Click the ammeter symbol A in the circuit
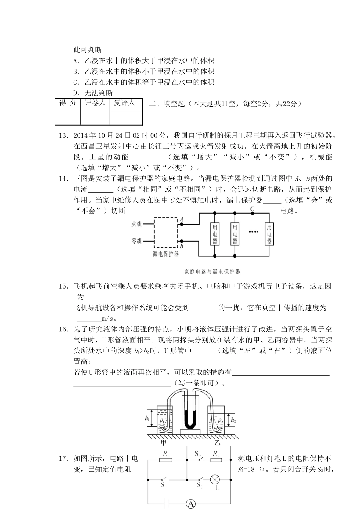coord(191,504)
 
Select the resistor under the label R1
coord(165,460)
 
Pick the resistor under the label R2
coord(216,460)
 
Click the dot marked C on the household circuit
coord(252,214)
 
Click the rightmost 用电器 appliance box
coord(269,233)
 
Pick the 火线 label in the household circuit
coord(136,224)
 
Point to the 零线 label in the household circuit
coord(136,240)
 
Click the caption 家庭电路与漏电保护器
coord(212,272)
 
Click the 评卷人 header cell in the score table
coord(95,103)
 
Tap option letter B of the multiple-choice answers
coord(75,71)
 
